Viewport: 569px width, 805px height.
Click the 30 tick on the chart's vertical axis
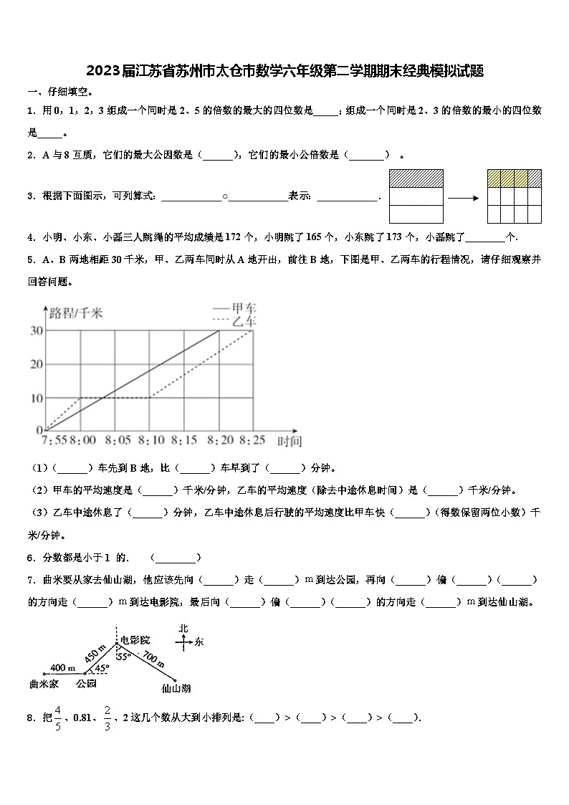(x=35, y=330)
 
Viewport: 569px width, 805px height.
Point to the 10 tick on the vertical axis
(x=35, y=398)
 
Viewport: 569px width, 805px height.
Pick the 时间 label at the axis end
(x=290, y=442)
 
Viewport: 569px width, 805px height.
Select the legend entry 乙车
(x=244, y=320)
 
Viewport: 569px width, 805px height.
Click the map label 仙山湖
(x=176, y=688)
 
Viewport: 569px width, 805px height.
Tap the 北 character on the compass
(x=183, y=628)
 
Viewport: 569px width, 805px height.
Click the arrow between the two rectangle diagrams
(x=464, y=196)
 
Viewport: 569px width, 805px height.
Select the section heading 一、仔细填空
(x=59, y=92)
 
